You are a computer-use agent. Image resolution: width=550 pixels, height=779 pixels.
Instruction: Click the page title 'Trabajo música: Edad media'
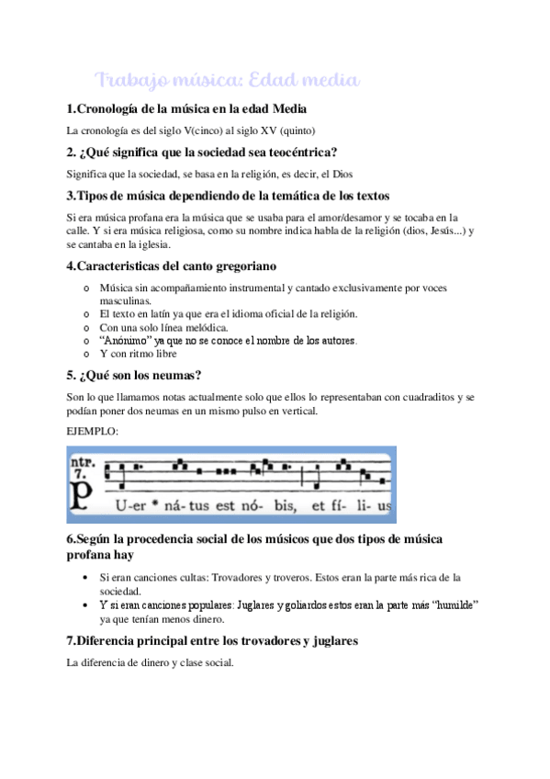pyautogui.click(x=226, y=81)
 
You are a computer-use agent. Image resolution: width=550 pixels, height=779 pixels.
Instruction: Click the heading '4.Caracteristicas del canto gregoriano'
pyautogui.click(x=172, y=266)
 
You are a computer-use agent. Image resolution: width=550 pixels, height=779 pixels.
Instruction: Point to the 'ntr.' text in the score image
pyautogui.click(x=85, y=457)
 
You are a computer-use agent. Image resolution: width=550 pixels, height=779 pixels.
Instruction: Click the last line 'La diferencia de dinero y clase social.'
pyautogui.click(x=151, y=660)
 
